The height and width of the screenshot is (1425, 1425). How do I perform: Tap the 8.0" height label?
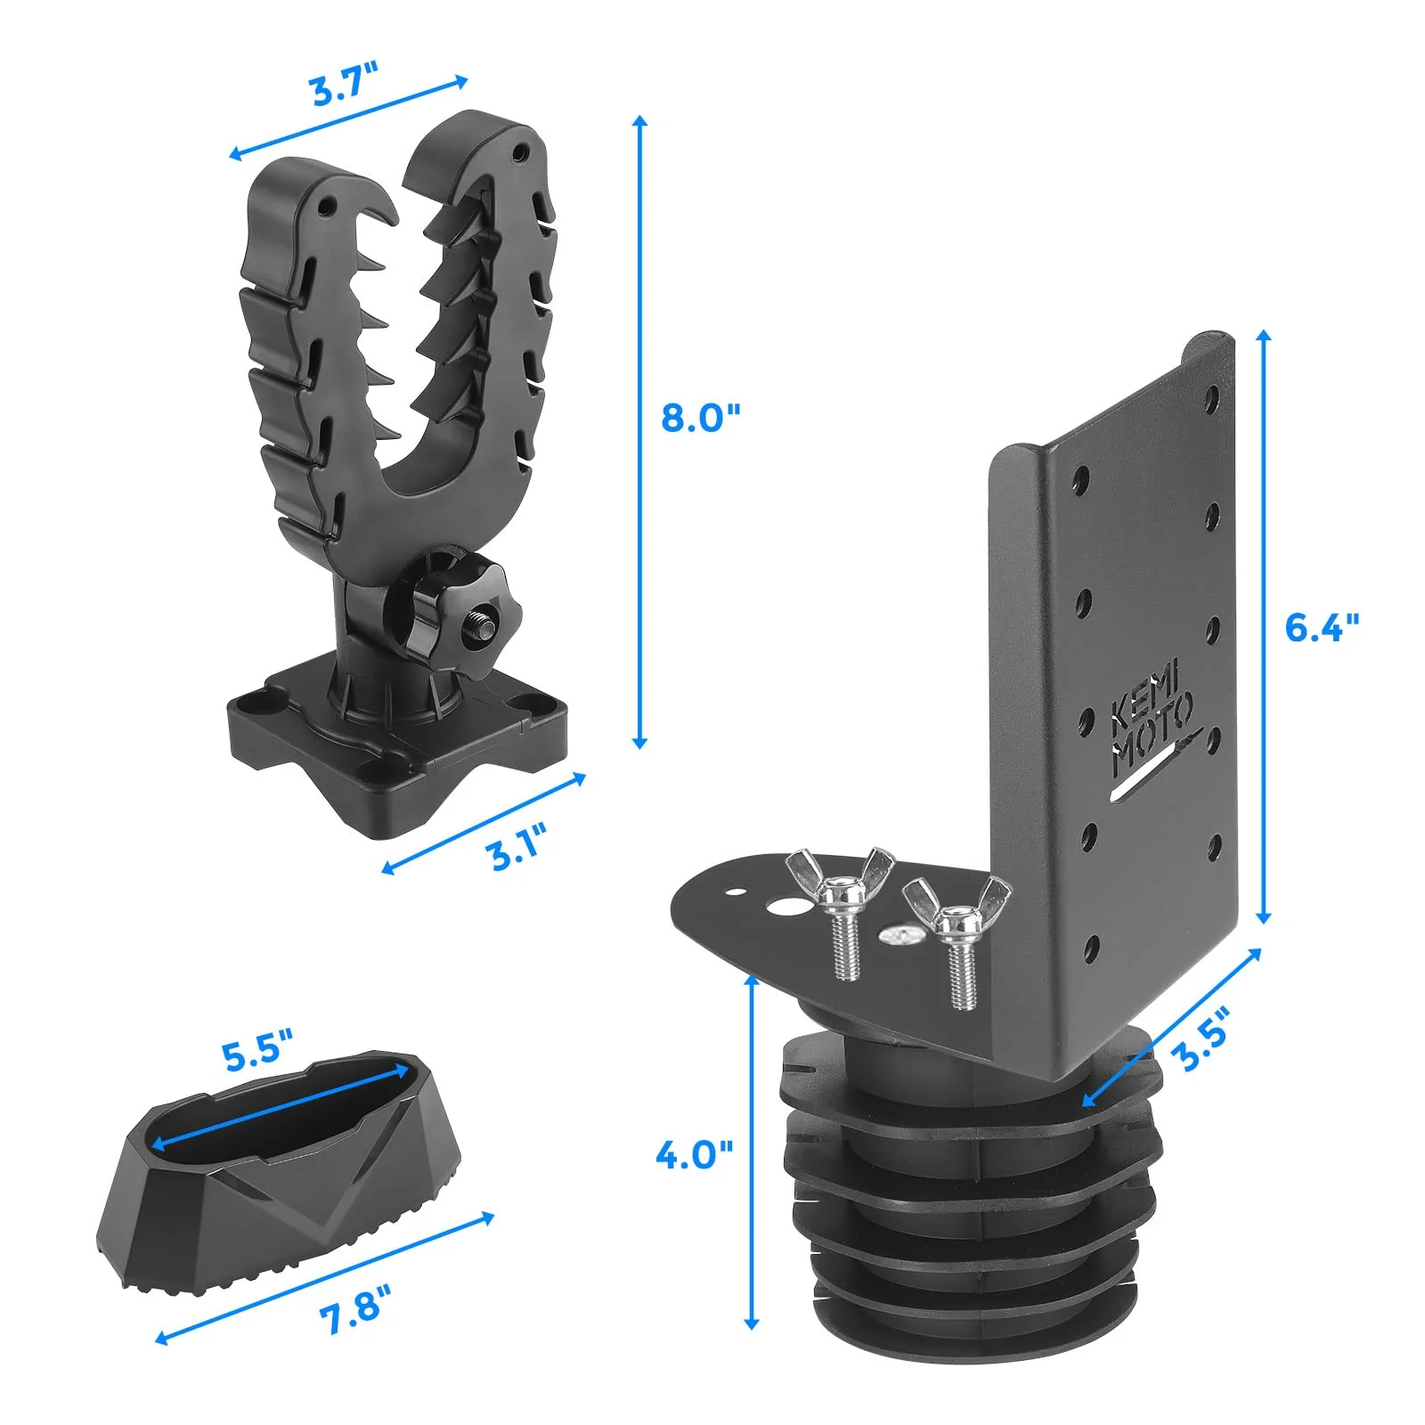700,417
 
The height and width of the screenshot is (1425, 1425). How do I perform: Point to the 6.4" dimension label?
1322,628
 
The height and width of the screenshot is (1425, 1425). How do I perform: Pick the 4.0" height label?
694,1156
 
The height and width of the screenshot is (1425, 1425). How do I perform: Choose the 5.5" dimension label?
256,1054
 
